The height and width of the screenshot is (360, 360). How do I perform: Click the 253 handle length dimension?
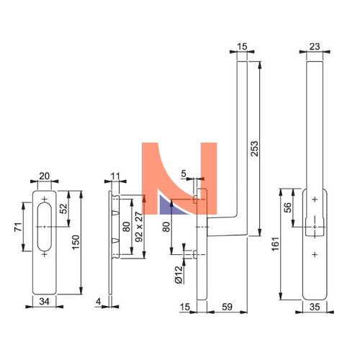[x=254, y=149]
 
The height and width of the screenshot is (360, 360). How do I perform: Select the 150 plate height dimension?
[x=76, y=242]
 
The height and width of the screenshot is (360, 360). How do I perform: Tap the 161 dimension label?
[x=276, y=244]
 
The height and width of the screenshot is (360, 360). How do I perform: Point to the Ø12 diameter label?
[x=179, y=275]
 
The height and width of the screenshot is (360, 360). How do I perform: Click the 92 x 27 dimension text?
[x=139, y=227]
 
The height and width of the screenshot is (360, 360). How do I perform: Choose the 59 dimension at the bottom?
[x=227, y=307]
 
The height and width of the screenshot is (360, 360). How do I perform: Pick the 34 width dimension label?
[x=45, y=302]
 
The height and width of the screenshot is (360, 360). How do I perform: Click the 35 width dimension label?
[x=315, y=307]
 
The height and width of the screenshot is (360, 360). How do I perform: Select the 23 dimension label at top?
[x=315, y=47]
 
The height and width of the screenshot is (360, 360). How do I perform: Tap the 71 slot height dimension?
[x=18, y=227]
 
